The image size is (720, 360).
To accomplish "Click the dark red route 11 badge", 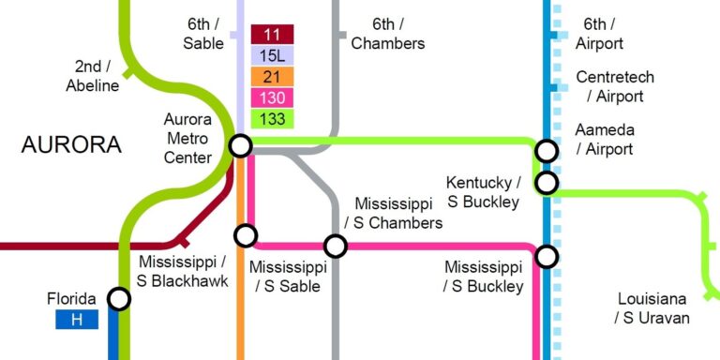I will (272, 35).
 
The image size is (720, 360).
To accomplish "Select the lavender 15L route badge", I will (272, 55).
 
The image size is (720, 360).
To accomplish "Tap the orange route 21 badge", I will (272, 77).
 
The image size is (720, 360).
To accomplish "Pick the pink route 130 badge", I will (272, 97).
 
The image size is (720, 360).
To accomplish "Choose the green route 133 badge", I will (272, 118).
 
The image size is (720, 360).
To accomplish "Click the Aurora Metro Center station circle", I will (241, 145).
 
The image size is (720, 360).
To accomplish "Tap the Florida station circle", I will (119, 299).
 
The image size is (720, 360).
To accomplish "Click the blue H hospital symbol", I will (77, 320).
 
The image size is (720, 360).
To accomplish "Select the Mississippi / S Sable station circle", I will (246, 235).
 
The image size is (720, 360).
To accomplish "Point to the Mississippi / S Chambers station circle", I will (336, 246).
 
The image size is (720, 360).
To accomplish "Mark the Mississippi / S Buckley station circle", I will (547, 256).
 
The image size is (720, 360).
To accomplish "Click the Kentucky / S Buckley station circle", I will (547, 182).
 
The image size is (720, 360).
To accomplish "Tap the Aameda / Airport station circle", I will (547, 150).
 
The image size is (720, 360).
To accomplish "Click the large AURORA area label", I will (71, 145).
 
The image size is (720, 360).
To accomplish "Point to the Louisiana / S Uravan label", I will (652, 308).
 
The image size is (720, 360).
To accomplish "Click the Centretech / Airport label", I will (615, 86).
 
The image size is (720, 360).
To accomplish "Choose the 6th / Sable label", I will (203, 34).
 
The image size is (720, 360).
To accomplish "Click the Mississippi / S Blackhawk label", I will (183, 271).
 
